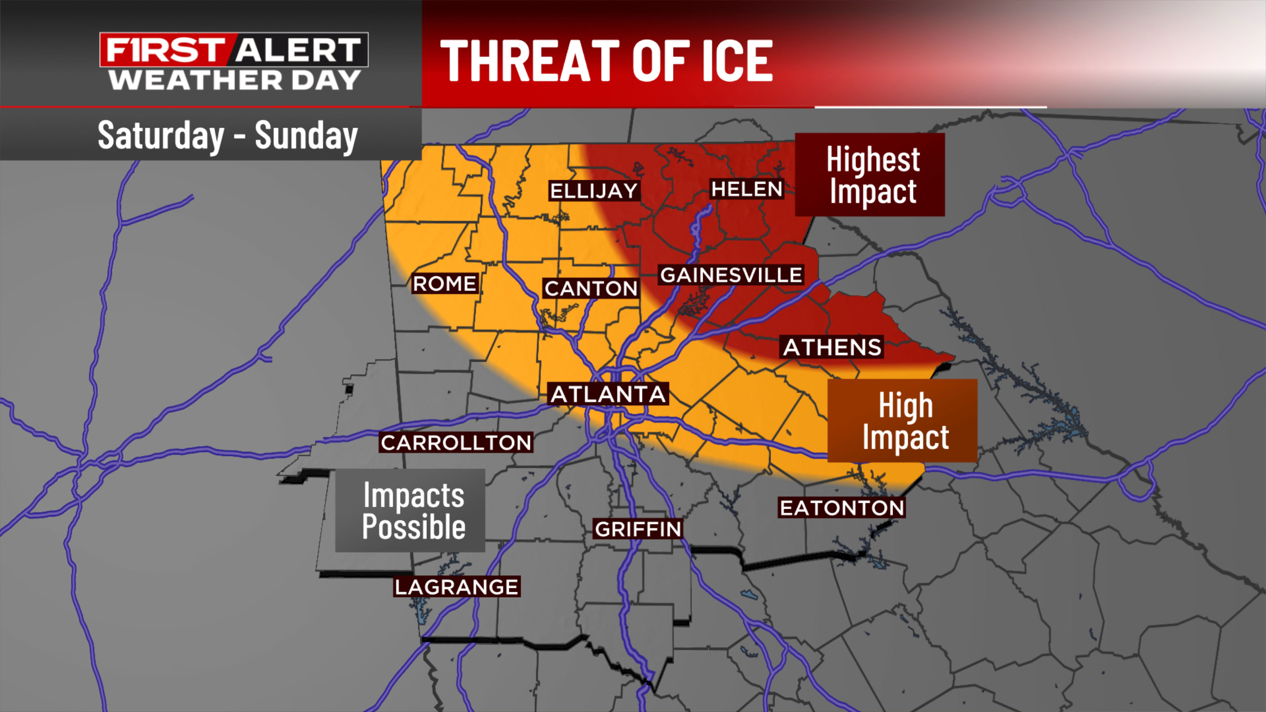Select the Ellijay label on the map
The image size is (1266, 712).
[x=594, y=191]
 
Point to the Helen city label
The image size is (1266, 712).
[x=747, y=189]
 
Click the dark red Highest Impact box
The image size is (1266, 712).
[x=870, y=174]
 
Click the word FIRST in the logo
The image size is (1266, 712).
[x=165, y=50]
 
